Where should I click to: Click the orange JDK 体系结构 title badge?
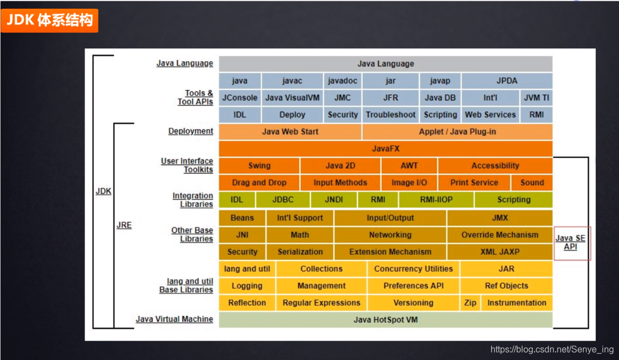point(49,21)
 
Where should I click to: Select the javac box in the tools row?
point(292,81)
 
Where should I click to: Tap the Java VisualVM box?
point(292,97)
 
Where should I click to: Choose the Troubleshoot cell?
point(390,115)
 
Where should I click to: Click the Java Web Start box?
point(290,132)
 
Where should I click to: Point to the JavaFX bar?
point(385,149)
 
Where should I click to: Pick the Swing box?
point(259,165)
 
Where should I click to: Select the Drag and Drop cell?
point(259,183)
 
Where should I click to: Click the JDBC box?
point(283,200)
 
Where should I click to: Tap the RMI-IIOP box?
point(436,200)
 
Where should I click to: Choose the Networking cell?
point(390,235)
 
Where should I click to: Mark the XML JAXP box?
point(499,251)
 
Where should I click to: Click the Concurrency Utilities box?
point(413,269)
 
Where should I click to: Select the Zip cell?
point(470,303)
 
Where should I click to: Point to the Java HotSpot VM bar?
point(385,320)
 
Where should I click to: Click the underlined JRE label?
point(124,225)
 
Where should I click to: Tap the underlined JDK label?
point(103,191)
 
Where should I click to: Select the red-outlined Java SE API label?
point(571,243)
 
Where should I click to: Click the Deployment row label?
point(191,131)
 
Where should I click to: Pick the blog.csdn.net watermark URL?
point(552,349)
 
